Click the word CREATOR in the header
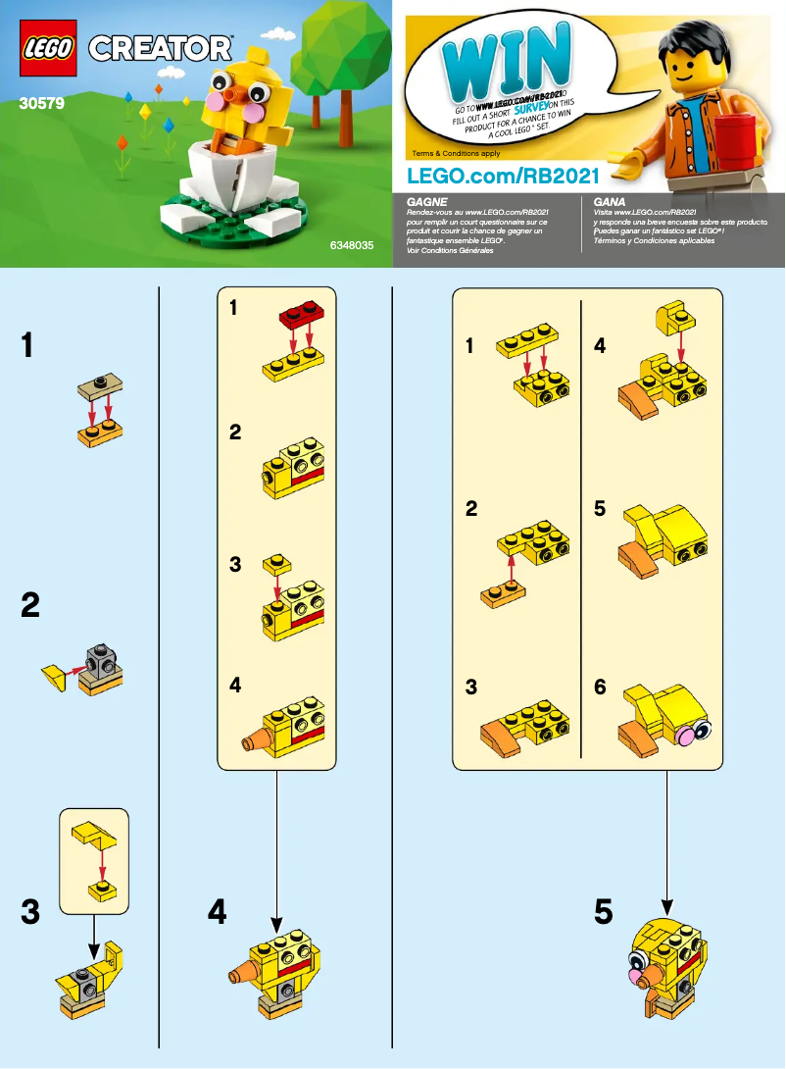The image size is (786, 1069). [x=162, y=48]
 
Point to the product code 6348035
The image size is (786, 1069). [x=352, y=248]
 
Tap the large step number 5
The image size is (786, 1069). [x=604, y=913]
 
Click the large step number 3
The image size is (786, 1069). [x=30, y=913]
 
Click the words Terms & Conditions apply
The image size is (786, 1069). [x=456, y=154]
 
